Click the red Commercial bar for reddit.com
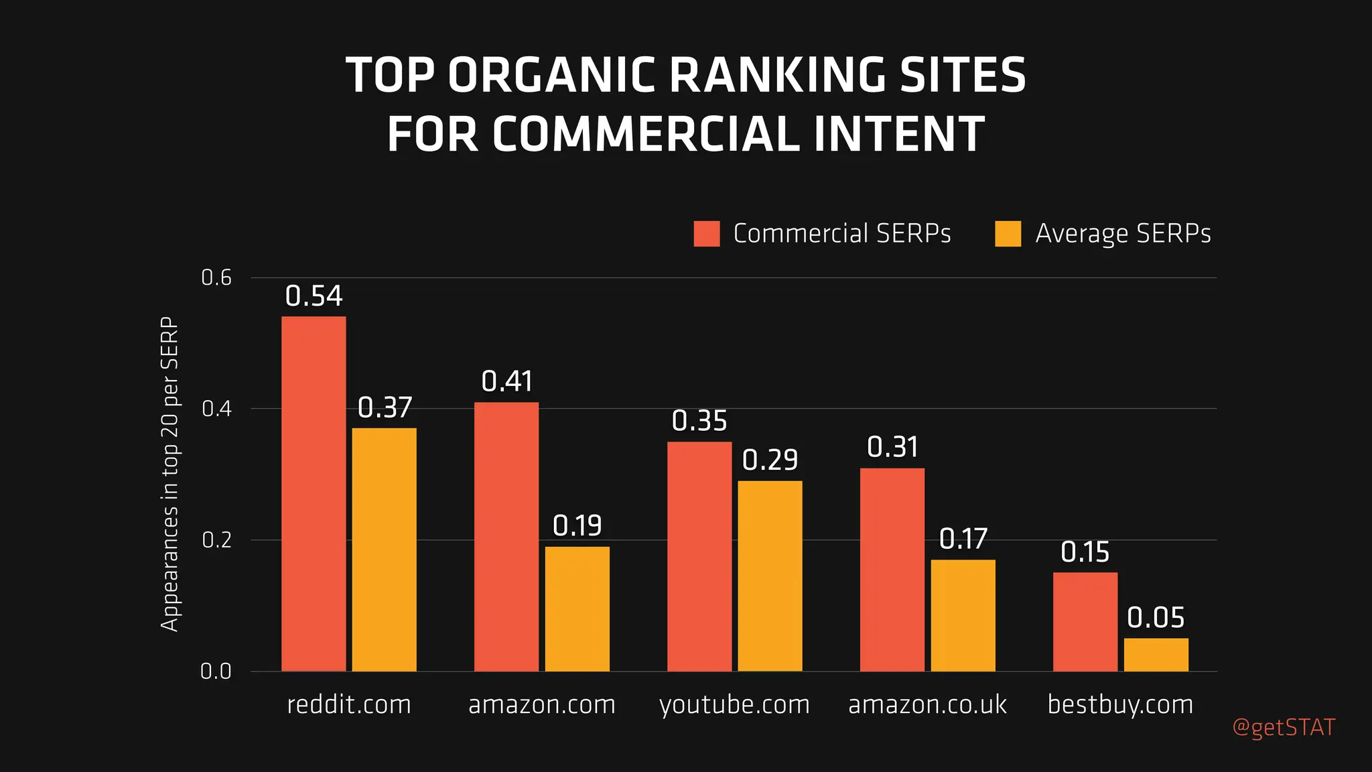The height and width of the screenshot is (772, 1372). tap(314, 494)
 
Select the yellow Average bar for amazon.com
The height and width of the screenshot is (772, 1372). tap(577, 608)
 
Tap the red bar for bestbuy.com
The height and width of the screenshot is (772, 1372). tap(1085, 621)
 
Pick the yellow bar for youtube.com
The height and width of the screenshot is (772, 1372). tap(770, 576)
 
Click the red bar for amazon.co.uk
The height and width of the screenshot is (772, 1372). tap(892, 570)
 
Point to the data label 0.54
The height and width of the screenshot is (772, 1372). tap(314, 296)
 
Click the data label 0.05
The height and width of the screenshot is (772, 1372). tap(1156, 618)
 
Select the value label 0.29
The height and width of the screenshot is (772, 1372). tap(770, 460)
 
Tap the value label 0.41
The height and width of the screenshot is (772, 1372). tap(506, 382)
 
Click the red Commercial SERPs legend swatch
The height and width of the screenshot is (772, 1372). tap(707, 234)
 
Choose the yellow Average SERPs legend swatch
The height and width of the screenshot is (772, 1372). tap(1008, 234)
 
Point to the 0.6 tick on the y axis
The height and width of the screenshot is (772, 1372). tap(216, 277)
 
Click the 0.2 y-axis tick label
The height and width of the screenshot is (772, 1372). tap(216, 540)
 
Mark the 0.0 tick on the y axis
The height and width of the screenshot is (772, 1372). tap(216, 671)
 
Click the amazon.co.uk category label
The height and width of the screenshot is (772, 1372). tap(927, 705)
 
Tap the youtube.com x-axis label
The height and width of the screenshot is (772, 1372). tap(734, 705)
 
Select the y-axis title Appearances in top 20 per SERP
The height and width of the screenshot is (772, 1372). tap(170, 474)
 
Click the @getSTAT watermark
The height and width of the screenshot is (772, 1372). tap(1284, 728)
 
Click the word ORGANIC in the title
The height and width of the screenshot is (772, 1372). tap(551, 75)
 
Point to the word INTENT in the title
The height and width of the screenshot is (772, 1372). tap(898, 135)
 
